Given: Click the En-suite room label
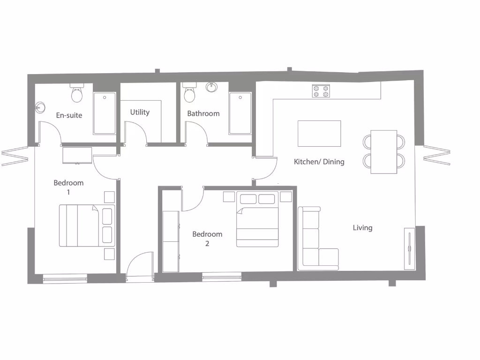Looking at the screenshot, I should coord(69,115).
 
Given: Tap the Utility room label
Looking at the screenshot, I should coord(140,112).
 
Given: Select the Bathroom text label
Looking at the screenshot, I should coord(203,113).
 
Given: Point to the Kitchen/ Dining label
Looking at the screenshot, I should coord(319,162).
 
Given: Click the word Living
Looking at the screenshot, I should coord(362,228).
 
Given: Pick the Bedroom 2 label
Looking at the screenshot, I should coord(207,239).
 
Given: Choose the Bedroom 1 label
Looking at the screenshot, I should coord(68,187).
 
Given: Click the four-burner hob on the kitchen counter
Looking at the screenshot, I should coord(321,91).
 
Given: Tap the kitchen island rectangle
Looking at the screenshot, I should coord(319,134).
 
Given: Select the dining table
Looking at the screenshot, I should coord(384,152).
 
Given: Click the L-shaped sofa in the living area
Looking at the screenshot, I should coord(314,244).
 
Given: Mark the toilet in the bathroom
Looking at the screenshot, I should coord(189,94).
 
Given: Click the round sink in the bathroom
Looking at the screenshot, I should coord(211,87).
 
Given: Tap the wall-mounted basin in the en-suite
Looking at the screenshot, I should coord(39,107).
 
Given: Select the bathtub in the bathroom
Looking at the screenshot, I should coord(240,113).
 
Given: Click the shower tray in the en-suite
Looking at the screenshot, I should coord(104,113).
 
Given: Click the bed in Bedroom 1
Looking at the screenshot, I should coord(87,225).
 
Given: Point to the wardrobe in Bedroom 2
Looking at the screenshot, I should coord(171,241).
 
